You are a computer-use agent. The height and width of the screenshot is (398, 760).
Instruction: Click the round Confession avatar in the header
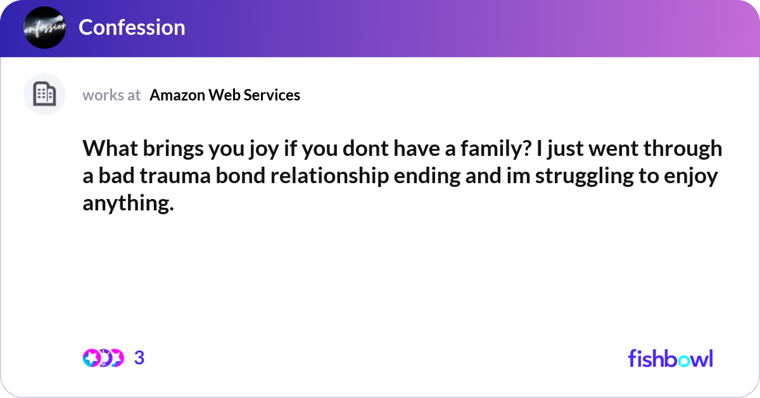point(44,27)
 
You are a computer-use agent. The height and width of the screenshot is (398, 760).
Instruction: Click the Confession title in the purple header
point(132,27)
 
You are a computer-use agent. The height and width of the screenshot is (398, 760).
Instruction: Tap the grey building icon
point(44,94)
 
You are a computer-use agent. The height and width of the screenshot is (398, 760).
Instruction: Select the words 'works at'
point(111,95)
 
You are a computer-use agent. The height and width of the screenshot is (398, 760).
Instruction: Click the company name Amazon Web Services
point(225,95)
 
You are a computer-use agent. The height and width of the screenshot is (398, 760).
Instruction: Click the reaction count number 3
point(139,358)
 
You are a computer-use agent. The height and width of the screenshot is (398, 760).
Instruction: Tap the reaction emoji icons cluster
point(103,358)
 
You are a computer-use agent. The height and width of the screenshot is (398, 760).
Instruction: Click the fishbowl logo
point(670,358)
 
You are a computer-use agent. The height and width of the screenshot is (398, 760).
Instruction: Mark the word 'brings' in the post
point(162,149)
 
